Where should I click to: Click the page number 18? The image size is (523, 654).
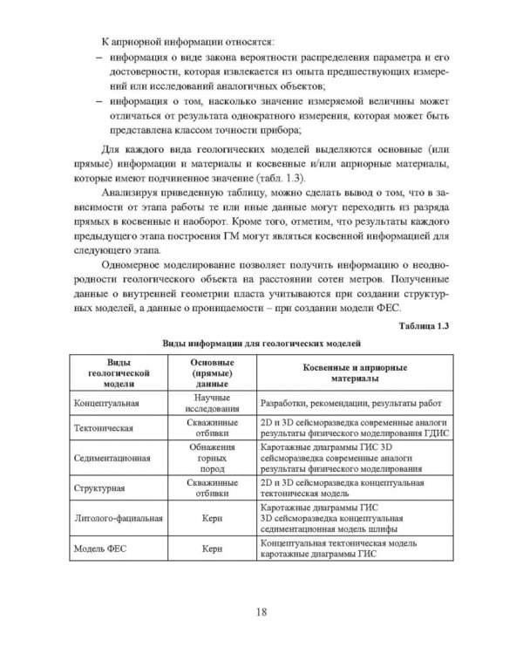(x=261, y=610)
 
